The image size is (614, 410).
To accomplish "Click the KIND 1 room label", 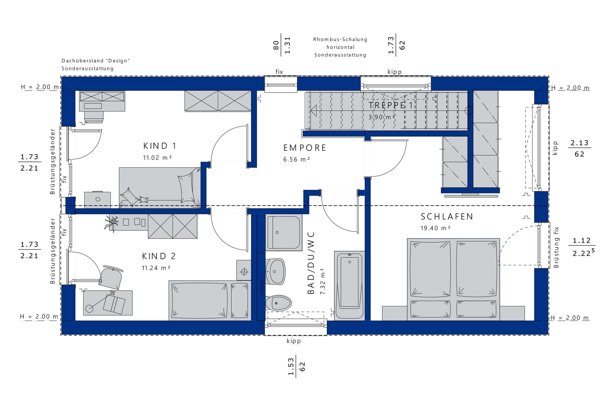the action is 160,146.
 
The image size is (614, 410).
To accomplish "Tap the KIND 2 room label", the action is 159,256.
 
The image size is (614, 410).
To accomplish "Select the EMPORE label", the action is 305,148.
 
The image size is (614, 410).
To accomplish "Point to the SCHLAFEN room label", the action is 447,217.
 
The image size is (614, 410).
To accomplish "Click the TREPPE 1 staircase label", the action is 391,105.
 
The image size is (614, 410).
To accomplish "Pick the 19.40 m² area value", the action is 436,228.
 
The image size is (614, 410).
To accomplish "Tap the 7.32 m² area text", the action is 323,281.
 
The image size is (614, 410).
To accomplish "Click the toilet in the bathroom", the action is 278,303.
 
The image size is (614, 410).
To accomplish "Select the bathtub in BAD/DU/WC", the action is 349,285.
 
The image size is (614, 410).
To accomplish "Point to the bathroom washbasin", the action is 275,271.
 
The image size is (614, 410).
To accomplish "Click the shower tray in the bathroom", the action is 284,232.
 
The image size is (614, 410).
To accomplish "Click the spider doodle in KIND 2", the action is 112,223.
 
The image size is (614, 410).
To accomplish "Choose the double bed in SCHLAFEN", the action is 453,279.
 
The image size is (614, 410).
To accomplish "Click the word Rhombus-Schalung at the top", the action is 340,39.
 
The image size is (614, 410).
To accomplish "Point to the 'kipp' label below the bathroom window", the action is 294,341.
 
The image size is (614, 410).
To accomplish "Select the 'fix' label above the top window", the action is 279,72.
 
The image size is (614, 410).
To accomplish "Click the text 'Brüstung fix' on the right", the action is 556,247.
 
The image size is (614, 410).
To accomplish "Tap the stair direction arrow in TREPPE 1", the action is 314,110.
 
